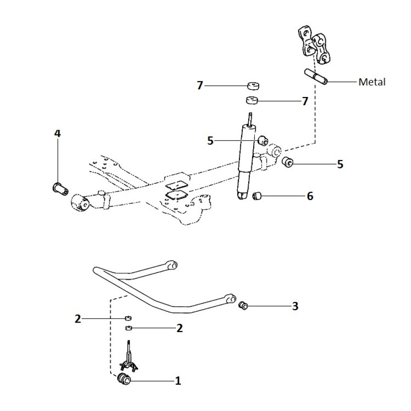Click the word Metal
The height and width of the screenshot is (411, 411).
[x=372, y=82]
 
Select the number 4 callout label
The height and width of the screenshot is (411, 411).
[x=58, y=134]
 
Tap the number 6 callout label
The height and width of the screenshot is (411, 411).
[x=310, y=196]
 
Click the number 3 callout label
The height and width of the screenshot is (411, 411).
[x=295, y=306]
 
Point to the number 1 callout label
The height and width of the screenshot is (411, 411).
[x=178, y=381]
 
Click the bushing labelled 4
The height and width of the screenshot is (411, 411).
[x=60, y=188]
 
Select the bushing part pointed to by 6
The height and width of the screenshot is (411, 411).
[x=257, y=196]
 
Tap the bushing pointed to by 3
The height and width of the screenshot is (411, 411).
[x=243, y=306]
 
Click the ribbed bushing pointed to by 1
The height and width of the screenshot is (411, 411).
[x=124, y=379]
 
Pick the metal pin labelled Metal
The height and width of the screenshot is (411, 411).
[x=316, y=77]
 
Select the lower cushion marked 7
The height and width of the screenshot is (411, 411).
[x=252, y=100]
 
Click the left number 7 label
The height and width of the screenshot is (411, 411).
[x=200, y=85]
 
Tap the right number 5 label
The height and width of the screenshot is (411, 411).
[x=340, y=164]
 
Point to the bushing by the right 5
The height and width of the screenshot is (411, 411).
[x=288, y=162]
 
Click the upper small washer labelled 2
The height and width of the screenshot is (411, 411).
[x=128, y=318]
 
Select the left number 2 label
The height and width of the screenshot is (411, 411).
[x=78, y=319]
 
